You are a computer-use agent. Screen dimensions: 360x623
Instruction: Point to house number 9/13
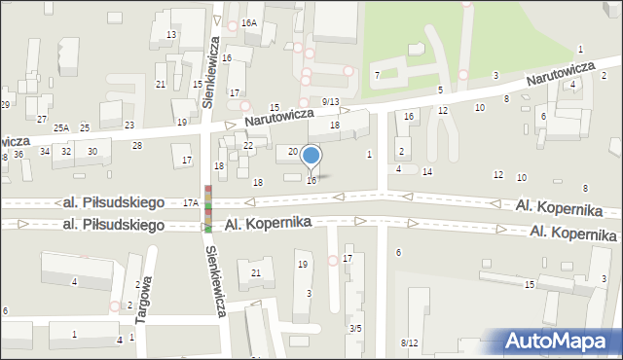(x=330, y=102)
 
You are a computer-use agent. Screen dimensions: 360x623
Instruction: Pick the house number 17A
(x=191, y=202)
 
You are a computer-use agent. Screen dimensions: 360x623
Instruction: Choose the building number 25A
(x=62, y=128)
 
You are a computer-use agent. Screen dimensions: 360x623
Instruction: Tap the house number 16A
(x=249, y=22)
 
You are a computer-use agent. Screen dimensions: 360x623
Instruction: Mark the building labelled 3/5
(x=356, y=329)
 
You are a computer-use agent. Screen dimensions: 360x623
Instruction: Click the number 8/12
(x=409, y=343)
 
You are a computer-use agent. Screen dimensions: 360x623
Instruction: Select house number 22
(x=248, y=146)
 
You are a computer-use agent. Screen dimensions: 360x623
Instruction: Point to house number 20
(x=293, y=152)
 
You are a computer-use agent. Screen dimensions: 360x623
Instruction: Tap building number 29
(x=5, y=104)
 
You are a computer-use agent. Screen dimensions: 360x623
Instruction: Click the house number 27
(x=42, y=119)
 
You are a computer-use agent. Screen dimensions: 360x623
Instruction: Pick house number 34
(x=45, y=152)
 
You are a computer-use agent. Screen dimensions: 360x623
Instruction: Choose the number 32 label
(x=66, y=152)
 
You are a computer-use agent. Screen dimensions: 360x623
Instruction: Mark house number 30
(x=92, y=152)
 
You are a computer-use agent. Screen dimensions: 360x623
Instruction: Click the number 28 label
(x=137, y=146)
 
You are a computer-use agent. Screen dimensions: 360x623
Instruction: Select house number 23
(x=129, y=126)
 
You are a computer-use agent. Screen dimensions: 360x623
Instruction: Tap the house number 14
(x=427, y=172)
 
